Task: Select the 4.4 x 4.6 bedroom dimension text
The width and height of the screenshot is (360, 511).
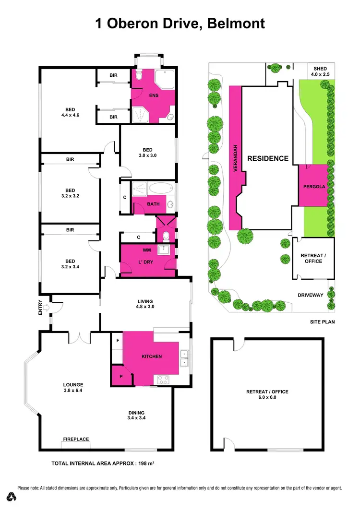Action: click(x=70, y=116)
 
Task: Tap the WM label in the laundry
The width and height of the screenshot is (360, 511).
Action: click(x=146, y=250)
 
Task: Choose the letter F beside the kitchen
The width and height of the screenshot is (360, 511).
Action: click(x=117, y=340)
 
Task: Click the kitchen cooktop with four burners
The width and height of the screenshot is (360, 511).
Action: click(x=163, y=380)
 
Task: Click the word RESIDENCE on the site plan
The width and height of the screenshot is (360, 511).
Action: click(x=268, y=158)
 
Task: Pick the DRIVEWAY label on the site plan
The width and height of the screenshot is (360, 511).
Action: click(x=311, y=295)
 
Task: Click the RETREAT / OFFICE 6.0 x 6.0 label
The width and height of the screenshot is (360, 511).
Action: click(x=267, y=394)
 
